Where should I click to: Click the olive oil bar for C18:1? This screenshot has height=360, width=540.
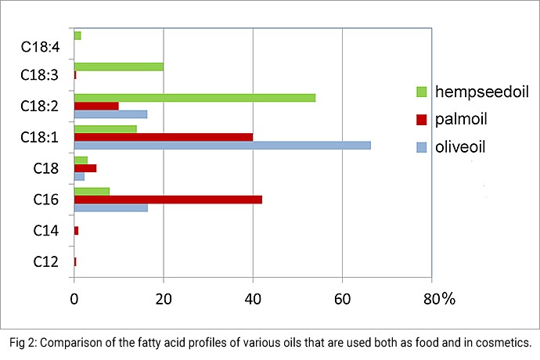point(221,145)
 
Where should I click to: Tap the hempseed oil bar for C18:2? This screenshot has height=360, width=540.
point(194,97)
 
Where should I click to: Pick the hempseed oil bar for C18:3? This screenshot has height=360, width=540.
point(118,67)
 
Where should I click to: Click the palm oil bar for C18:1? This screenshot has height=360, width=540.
point(163,136)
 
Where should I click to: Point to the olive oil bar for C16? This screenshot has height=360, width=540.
point(110,207)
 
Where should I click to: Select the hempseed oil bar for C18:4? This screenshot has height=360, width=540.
point(77,35)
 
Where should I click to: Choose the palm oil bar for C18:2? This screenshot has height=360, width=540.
point(95,106)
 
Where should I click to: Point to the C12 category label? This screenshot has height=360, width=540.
point(44,261)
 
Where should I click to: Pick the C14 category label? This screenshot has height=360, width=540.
point(44,231)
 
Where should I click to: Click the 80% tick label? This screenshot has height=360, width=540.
point(438,298)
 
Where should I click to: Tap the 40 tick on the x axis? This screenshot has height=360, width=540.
point(253,298)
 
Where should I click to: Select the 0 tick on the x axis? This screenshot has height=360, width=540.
point(74,298)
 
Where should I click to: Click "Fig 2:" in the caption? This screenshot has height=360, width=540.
point(26,343)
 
